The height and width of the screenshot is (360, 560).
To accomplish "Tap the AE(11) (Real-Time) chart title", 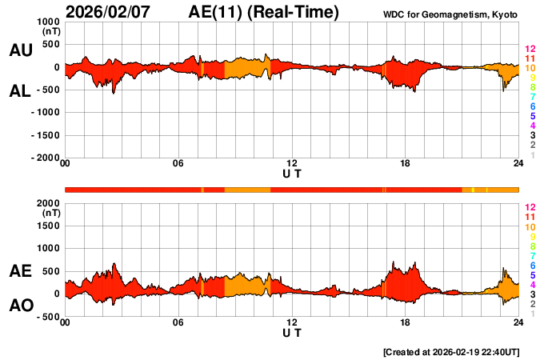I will point(264,12).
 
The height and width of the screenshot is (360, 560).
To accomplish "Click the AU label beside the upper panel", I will point(21,50).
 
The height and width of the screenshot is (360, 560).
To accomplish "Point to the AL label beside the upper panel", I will point(21,91).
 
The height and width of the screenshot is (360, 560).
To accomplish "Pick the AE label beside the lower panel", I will point(21,272).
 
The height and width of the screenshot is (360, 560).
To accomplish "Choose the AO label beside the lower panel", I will point(21,306).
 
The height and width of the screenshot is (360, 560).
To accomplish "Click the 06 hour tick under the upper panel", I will point(178,164).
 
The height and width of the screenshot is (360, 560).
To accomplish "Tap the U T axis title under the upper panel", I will point(292,174).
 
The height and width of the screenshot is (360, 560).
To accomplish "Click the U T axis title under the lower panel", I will point(292,332).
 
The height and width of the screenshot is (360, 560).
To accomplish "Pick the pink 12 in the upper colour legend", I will point(530,50).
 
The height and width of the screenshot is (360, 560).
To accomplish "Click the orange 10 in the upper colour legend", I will point(530,68).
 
